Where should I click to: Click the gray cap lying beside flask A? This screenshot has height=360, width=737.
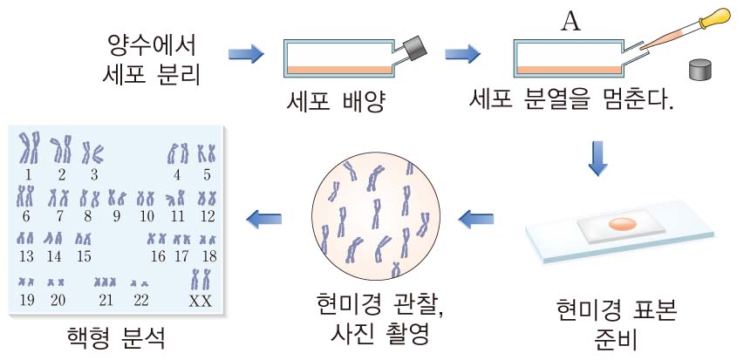coord(702,70)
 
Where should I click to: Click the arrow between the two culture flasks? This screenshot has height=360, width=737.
coord(463,54)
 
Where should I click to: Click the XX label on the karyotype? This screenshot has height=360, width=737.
coord(201,301)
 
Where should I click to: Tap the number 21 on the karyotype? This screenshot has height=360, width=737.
coord(106,301)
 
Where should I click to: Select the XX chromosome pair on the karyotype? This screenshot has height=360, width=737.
coord(201,279)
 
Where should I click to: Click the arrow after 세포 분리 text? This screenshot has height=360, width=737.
coord(246,54)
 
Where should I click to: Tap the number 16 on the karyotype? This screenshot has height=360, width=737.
coord(159,256)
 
